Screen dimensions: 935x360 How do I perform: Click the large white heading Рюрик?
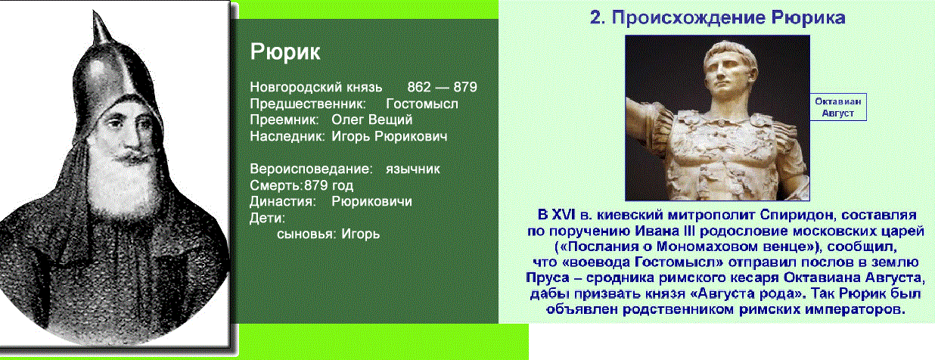point(285,52)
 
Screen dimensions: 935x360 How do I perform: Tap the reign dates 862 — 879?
point(442,87)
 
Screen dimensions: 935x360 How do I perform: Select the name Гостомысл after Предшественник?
point(422,104)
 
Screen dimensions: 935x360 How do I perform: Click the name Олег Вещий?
point(372,119)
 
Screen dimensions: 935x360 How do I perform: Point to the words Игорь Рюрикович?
point(390,136)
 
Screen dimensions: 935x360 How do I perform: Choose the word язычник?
point(412,169)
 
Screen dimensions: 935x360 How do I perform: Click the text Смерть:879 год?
point(301,185)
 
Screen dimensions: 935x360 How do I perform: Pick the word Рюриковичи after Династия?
point(371,201)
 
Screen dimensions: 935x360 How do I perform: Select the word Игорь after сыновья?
point(360,234)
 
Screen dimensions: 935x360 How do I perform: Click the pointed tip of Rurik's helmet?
point(95,11)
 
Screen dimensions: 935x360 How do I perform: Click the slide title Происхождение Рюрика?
point(717,17)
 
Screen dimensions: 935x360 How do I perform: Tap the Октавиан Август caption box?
point(838,107)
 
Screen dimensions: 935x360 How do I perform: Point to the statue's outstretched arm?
point(649,115)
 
